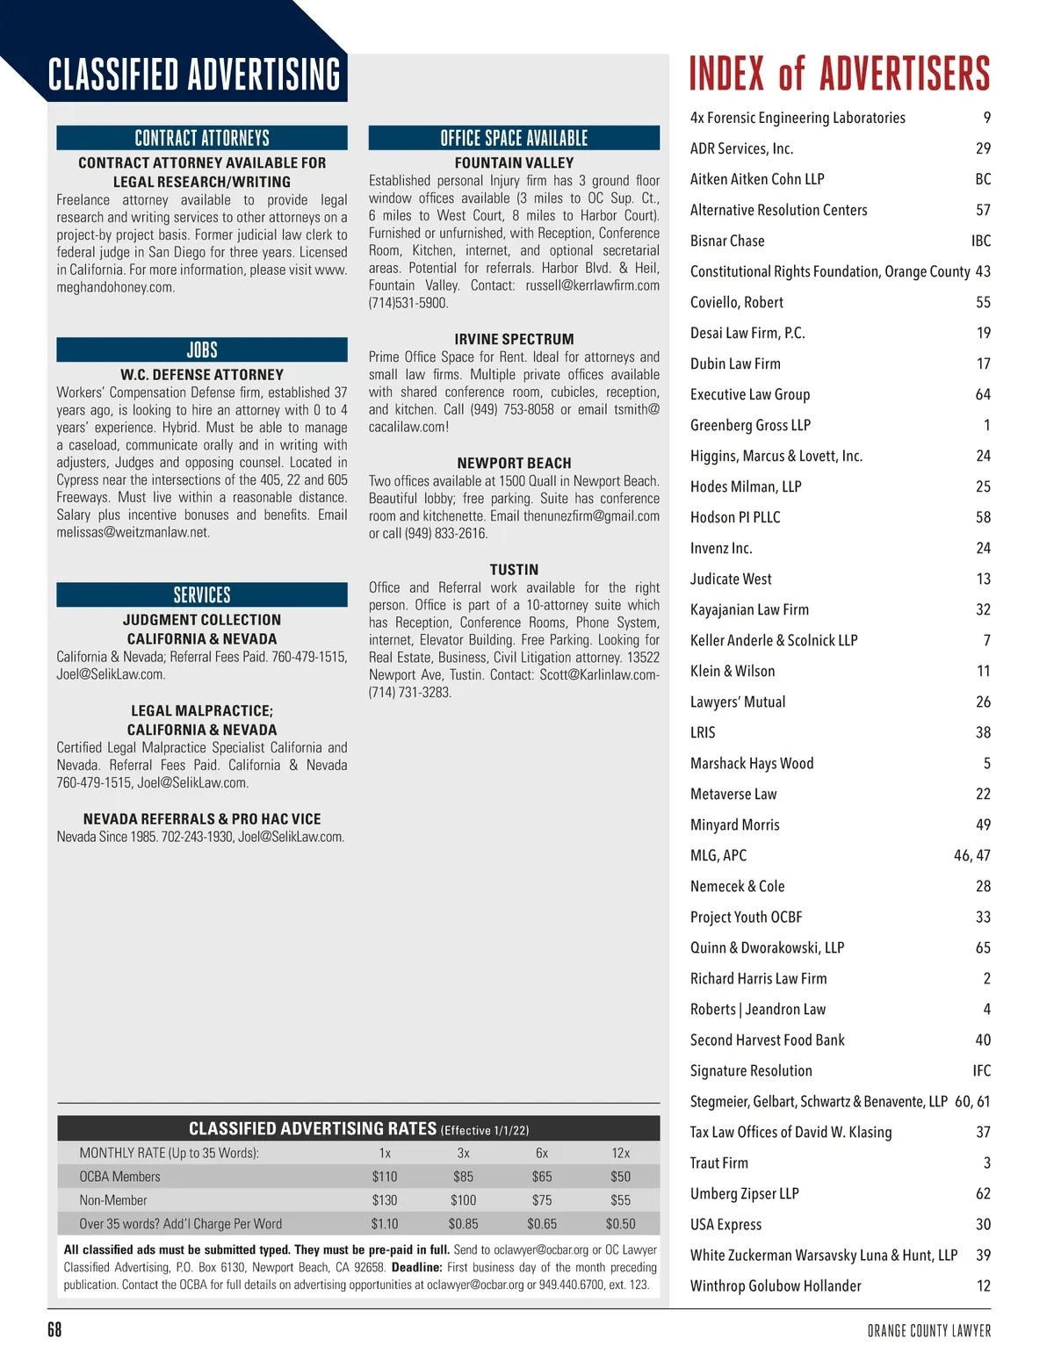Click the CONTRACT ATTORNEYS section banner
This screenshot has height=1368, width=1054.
(202, 138)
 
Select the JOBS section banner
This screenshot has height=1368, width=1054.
(202, 349)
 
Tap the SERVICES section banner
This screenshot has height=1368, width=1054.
(202, 594)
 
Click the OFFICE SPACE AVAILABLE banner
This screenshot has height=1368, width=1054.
(514, 138)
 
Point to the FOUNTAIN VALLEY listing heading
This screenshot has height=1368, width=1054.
(514, 163)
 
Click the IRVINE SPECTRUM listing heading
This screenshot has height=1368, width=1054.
(514, 339)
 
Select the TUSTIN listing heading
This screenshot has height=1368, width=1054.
(514, 570)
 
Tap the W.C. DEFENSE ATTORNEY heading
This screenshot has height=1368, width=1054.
(202, 375)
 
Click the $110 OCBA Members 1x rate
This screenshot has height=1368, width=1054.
(385, 1177)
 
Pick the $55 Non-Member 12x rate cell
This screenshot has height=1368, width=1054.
(620, 1200)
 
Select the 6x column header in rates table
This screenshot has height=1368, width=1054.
(542, 1153)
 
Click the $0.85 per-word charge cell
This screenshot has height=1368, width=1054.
(463, 1224)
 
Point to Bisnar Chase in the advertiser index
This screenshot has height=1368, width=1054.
(727, 241)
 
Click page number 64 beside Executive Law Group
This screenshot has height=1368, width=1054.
(983, 394)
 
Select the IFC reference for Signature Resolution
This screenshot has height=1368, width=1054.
(981, 1070)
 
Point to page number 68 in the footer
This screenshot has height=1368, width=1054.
(54, 1330)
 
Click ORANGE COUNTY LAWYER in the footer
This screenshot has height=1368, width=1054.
(928, 1331)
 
